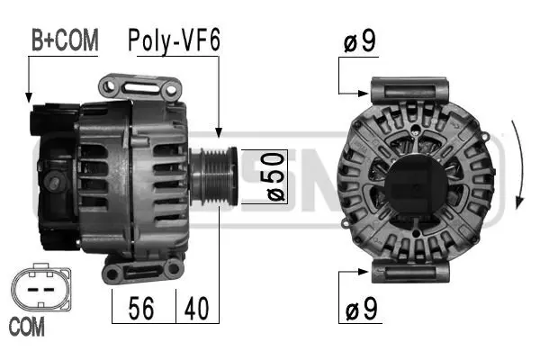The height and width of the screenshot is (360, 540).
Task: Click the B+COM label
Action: [x=64, y=40]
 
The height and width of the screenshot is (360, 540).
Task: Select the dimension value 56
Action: [x=141, y=309]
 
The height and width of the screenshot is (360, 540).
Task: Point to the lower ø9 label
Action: [x=361, y=311]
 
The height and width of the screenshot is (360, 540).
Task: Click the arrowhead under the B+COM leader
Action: [x=30, y=98]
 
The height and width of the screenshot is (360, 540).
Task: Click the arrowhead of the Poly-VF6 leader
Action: [x=218, y=136]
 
